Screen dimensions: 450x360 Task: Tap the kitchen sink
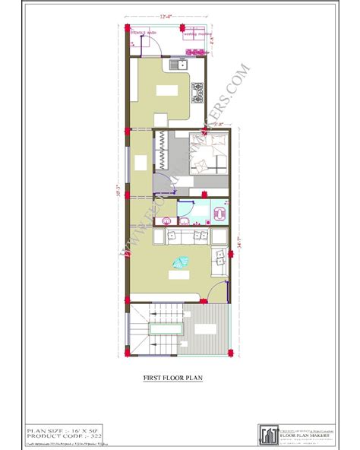pos(180,66)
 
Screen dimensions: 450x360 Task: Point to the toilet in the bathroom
pos(219,211)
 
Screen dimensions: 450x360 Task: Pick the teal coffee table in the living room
pos(182,263)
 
